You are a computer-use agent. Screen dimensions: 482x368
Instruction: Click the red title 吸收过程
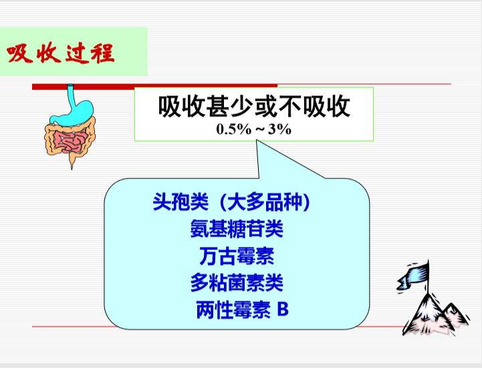click(60, 54)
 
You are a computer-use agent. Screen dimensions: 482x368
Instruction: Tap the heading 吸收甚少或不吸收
click(254, 106)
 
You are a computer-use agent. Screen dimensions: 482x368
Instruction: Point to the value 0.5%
click(233, 129)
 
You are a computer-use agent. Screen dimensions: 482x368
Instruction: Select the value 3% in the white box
click(279, 129)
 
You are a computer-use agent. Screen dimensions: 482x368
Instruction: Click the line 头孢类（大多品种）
click(231, 202)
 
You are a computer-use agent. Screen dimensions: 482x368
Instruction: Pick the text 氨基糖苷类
click(237, 229)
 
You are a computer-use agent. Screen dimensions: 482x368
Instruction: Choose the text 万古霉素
click(237, 256)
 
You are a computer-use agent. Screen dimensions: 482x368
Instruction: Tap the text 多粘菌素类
click(237, 282)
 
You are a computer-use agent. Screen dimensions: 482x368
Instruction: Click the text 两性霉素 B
click(242, 309)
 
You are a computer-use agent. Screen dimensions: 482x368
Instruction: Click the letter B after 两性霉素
click(283, 309)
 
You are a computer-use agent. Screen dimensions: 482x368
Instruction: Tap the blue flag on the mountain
click(412, 276)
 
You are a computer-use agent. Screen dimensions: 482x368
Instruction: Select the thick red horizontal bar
click(154, 86)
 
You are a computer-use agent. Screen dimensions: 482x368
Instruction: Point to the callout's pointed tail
click(257, 142)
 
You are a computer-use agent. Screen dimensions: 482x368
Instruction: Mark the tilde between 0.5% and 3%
click(260, 130)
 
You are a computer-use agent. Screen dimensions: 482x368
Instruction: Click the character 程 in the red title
click(102, 53)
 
